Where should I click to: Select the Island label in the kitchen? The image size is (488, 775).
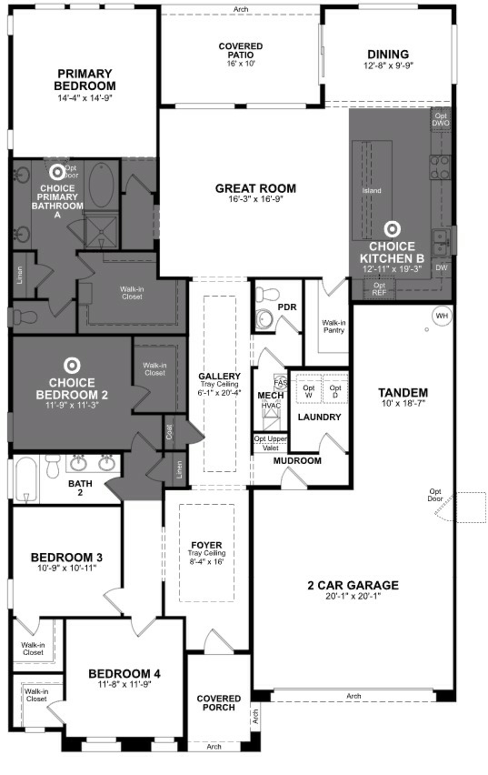[372, 191]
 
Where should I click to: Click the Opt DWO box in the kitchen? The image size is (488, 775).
[441, 119]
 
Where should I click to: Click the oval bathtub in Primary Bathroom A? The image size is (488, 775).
[101, 184]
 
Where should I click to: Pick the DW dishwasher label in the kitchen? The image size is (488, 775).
[441, 267]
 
